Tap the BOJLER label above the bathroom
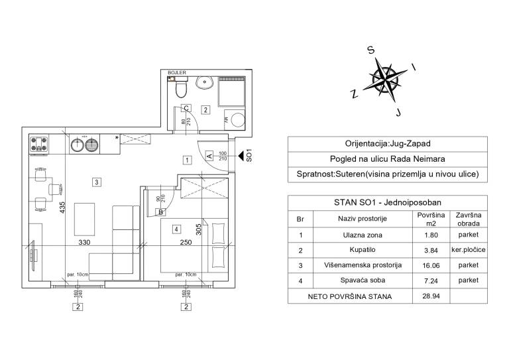coord(177,73)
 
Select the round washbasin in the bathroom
coord(204,82)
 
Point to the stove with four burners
coord(39,144)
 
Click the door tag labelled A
coord(209,156)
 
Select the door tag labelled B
coord(160,212)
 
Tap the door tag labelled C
coord(186,108)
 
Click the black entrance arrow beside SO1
coord(241,156)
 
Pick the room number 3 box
coord(96,182)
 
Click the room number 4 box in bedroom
coord(176,229)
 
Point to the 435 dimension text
coord(62,208)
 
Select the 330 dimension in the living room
coord(84,242)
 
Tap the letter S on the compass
coord(370,50)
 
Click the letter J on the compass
coord(399,112)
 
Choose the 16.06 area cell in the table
coord(431,266)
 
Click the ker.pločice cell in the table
coord(469,250)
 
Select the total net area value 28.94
coord(431,296)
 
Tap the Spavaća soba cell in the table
coord(363,280)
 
